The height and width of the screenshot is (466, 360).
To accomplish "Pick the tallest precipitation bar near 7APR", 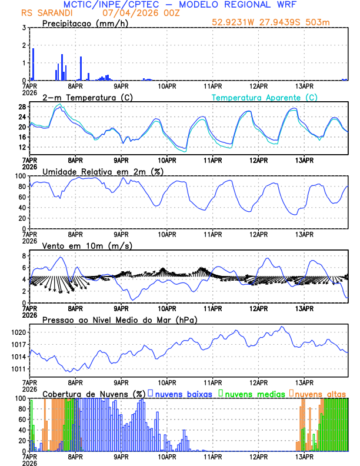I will pos(33,64).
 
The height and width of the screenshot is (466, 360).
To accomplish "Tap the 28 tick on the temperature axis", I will pos(22,106).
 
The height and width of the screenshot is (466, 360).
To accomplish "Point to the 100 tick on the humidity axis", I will pos(19,176).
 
